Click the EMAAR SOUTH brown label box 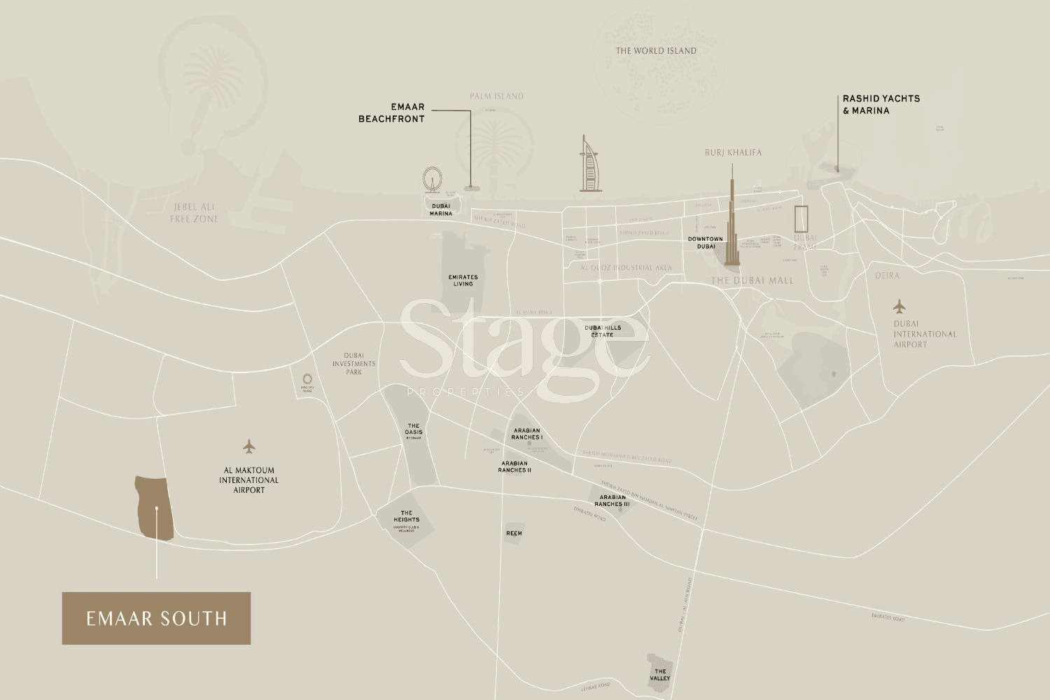click(x=156, y=618)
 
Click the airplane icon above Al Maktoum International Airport click(x=248, y=446)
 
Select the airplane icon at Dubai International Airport click(x=899, y=307)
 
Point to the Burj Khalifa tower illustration click(x=732, y=220)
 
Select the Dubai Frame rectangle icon click(x=801, y=219)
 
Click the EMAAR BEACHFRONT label click(x=392, y=113)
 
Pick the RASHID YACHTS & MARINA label click(x=881, y=104)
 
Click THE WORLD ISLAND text click(x=656, y=50)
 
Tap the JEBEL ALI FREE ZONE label click(x=195, y=213)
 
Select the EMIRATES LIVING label click(x=463, y=280)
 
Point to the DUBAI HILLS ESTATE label click(x=603, y=331)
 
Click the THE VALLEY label click(x=660, y=674)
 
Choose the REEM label click(x=514, y=533)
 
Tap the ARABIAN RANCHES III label click(x=612, y=500)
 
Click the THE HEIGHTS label click(x=406, y=517)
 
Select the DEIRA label click(x=887, y=276)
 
